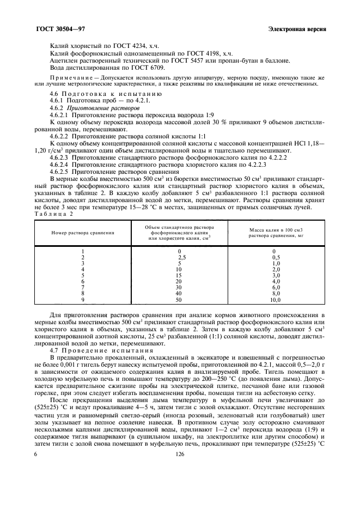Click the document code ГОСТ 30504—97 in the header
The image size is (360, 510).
coord(60,28)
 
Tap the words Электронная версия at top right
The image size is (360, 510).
coord(297,28)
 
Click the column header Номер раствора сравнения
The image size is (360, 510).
coord(83,232)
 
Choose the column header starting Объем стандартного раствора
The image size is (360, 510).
coord(179,232)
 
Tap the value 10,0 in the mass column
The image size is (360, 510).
coord(276,300)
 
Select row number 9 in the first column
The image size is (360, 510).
coord(83,300)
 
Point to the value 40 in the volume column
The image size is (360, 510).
coord(179,294)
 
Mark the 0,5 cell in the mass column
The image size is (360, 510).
coord(276,257)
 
